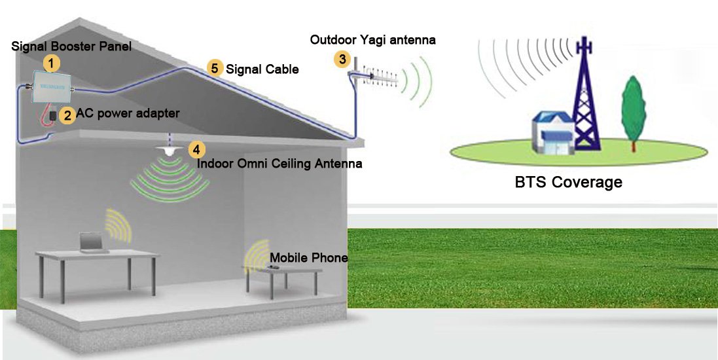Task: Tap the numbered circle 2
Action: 68,115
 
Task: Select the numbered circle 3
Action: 342,59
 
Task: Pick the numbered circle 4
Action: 196,149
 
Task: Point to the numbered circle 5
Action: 214,68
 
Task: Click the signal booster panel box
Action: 50,86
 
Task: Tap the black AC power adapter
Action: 53,115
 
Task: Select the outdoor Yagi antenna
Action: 372,77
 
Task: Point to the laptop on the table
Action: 94,242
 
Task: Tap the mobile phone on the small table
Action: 274,266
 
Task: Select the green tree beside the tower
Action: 634,113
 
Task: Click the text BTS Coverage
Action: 568,182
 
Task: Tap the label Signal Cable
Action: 262,69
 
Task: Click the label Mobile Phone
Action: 309,257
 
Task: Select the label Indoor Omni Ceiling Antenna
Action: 279,164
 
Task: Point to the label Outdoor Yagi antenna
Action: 372,40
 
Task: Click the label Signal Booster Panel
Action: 71,46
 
